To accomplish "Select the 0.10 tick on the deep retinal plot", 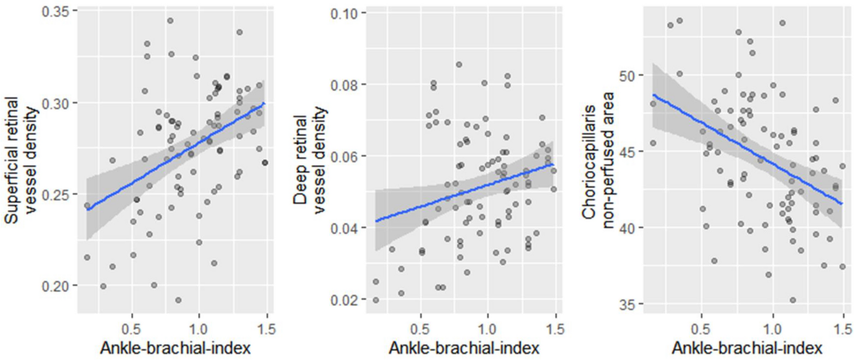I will point(345,13).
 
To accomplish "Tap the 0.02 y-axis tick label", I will point(345,299).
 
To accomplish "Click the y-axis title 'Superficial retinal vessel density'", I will point(21,160).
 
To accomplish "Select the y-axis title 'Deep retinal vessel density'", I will point(310,160).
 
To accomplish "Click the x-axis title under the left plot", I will point(175,347).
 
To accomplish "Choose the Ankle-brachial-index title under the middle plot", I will point(464,347).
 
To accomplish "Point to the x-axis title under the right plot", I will point(747,347).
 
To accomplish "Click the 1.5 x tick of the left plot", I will point(267,330).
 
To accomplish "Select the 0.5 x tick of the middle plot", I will point(421,330).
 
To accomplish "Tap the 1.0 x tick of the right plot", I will point(773,330).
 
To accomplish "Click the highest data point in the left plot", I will point(170,21).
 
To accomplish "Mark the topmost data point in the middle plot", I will point(459,64).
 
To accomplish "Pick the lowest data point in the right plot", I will point(792,300).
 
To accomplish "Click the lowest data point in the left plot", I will point(178,300).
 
